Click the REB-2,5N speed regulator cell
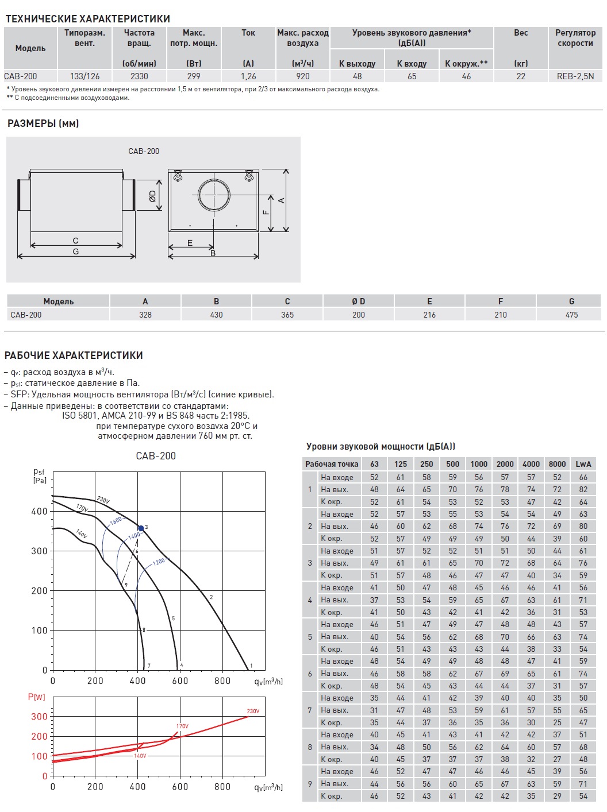(x=575, y=76)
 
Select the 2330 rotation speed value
(x=139, y=76)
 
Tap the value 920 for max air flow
(x=302, y=76)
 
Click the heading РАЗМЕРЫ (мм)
(x=43, y=123)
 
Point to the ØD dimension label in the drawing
(x=152, y=196)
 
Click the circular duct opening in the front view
(x=214, y=195)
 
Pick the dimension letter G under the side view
(x=76, y=252)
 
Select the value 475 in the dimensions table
(x=571, y=315)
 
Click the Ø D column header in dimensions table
(x=358, y=301)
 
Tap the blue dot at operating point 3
(x=141, y=528)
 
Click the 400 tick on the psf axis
(x=40, y=511)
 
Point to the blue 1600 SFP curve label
(x=116, y=521)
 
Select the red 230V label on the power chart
(x=253, y=711)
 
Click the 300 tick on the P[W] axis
(x=39, y=717)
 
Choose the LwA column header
(x=583, y=464)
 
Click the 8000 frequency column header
(x=557, y=464)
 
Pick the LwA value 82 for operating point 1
(x=583, y=489)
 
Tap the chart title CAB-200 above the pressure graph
(x=156, y=456)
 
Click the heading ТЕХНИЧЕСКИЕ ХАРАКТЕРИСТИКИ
(x=88, y=19)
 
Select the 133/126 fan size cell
(x=84, y=76)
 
